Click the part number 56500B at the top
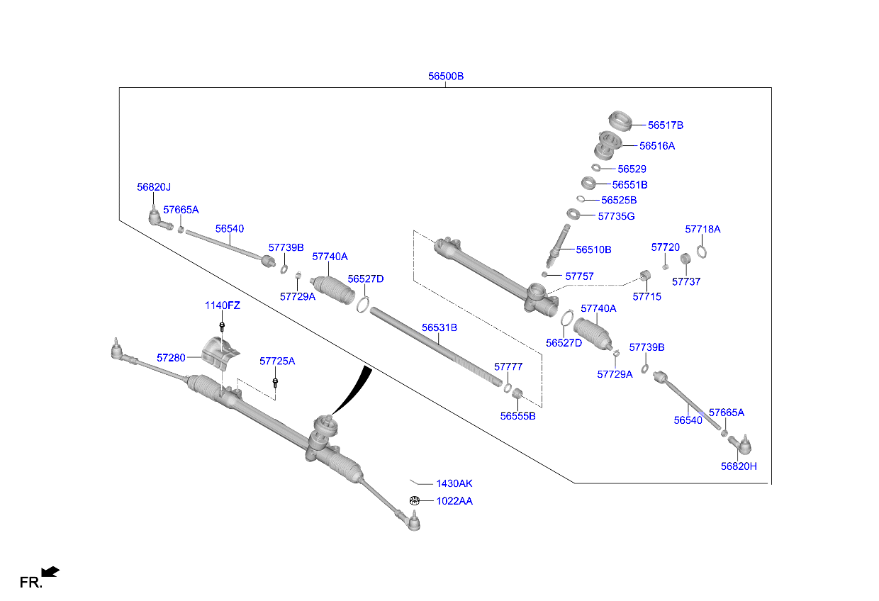coord(445,76)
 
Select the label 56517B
coord(665,125)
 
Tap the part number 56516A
coord(656,145)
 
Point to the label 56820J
coord(154,187)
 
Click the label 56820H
coord(739,466)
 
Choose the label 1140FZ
coord(223,305)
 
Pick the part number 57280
coord(171,358)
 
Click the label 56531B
coord(439,327)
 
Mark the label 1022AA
coord(454,501)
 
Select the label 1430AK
coord(454,483)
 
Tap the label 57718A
coord(702,230)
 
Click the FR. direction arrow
coord(50,571)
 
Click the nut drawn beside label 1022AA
coord(415,501)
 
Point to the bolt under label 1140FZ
coord(222,327)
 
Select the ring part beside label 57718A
coord(702,252)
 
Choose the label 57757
coord(579,276)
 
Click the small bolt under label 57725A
coord(275,383)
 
